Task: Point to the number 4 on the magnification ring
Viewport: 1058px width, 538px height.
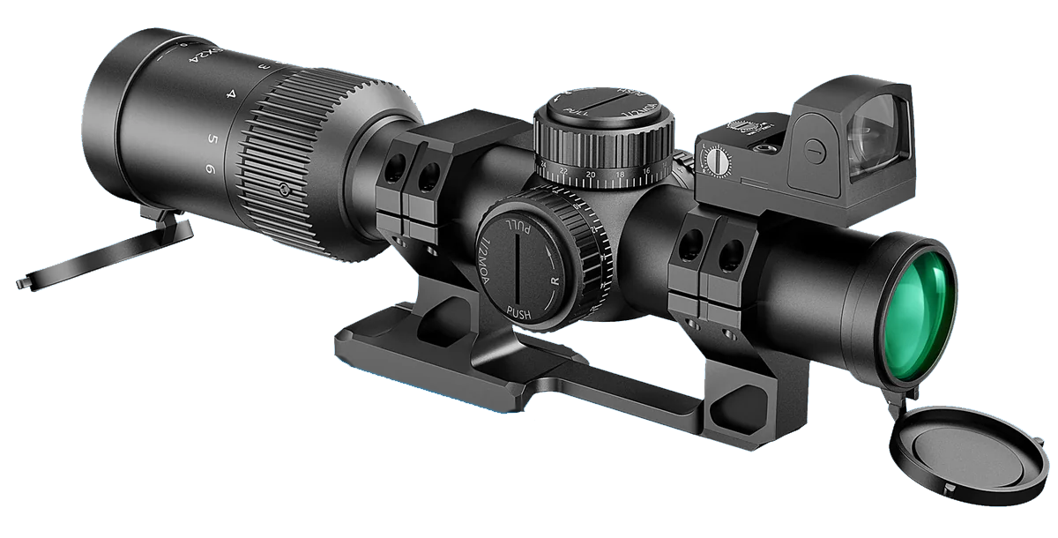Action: pyautogui.click(x=231, y=92)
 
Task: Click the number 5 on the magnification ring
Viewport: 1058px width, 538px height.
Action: pyautogui.click(x=212, y=138)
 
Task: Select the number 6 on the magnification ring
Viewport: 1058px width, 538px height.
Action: pyautogui.click(x=209, y=168)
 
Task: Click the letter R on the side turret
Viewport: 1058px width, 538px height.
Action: pyautogui.click(x=555, y=280)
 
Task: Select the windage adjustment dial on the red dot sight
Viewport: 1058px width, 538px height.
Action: pyautogui.click(x=716, y=161)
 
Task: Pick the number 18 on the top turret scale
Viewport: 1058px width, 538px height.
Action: pyautogui.click(x=622, y=173)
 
